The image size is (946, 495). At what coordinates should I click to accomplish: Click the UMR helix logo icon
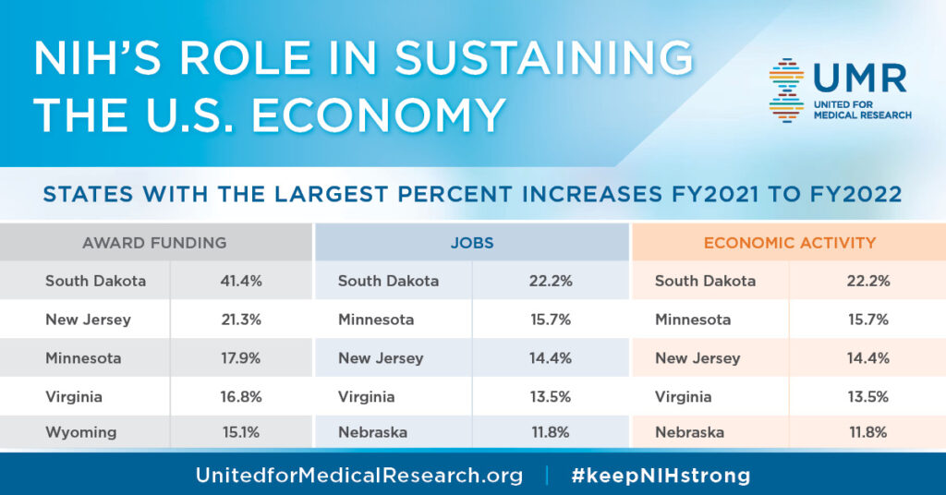click(786, 90)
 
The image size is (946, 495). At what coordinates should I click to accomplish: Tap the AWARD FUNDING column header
click(154, 244)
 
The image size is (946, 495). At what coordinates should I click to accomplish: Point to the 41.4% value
click(243, 281)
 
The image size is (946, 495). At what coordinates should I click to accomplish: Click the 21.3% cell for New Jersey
click(243, 320)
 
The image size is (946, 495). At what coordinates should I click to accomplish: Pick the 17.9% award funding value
click(243, 357)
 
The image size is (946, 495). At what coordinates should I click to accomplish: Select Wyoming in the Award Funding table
click(81, 432)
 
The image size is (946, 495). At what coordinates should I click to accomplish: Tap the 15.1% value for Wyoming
click(243, 432)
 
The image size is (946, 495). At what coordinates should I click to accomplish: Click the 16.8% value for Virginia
click(243, 396)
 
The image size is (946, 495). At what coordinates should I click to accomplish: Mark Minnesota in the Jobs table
click(376, 320)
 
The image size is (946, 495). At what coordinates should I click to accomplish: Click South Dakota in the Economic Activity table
click(705, 281)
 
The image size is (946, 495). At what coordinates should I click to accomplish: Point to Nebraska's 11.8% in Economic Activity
click(867, 432)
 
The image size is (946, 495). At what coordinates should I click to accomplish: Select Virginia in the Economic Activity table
click(684, 396)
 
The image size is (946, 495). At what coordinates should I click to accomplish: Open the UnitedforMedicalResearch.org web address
click(358, 476)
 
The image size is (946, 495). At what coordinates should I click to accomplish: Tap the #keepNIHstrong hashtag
click(661, 476)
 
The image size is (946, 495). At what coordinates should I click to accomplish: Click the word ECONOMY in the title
click(378, 115)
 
